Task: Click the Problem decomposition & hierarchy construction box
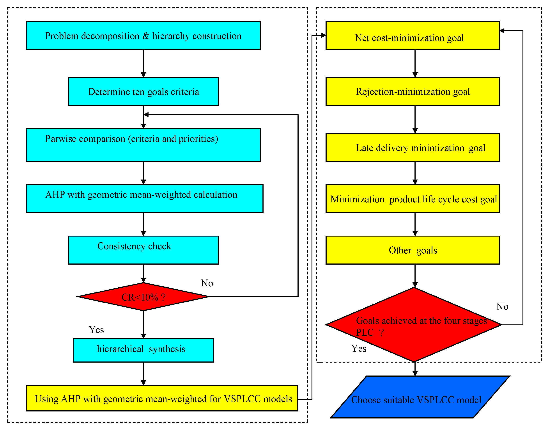coord(143,36)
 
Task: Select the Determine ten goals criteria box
coord(143,92)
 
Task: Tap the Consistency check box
coord(143,250)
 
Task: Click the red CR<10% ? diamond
coord(143,297)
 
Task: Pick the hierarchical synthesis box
coord(143,350)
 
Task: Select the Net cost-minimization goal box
coord(413,36)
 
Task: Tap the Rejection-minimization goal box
coord(413,92)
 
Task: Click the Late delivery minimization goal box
coord(413,148)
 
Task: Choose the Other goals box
coord(413,250)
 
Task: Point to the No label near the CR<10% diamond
coord(207,283)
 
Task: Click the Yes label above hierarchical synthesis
coord(96,330)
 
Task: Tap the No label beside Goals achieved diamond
coord(502,306)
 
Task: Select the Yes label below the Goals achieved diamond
coord(359,349)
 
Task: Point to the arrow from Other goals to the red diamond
coord(415,276)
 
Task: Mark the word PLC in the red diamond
coord(365,333)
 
